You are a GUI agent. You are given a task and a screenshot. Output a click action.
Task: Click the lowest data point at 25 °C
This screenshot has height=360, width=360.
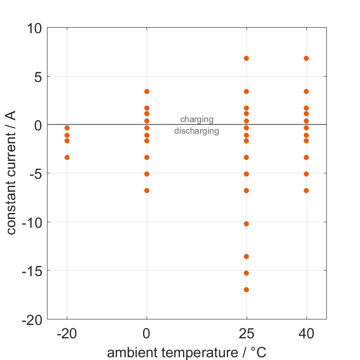coord(246,289)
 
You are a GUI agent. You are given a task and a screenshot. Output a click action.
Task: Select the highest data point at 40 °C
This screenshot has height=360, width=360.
coord(306,58)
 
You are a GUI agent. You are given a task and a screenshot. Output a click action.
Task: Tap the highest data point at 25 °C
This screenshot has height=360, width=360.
coord(246,58)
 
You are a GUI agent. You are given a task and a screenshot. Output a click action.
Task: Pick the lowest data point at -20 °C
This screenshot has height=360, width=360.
coord(67,157)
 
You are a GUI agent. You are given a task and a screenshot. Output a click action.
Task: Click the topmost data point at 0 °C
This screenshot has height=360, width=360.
coord(147,91)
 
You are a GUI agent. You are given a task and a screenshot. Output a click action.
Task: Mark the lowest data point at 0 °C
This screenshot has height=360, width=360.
coord(147,190)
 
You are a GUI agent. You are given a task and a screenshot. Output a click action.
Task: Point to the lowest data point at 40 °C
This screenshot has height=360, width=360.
coord(306,190)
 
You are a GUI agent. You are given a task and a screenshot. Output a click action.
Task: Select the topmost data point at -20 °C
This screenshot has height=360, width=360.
coord(67,128)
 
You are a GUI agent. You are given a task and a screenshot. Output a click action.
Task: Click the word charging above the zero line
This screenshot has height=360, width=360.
coord(197,119)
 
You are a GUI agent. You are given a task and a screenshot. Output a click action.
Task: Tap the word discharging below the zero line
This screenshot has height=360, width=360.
coord(196,131)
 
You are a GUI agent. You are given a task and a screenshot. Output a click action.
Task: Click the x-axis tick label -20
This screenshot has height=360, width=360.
coord(67,334)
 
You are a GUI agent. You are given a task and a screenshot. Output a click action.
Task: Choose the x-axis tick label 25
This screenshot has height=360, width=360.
coord(246,334)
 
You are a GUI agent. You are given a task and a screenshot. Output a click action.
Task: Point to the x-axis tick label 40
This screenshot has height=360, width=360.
coord(306,334)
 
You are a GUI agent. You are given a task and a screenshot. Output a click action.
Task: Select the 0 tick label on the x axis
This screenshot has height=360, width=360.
coord(147,334)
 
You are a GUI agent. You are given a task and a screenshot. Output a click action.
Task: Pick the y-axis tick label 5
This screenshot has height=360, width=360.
coord(37,77)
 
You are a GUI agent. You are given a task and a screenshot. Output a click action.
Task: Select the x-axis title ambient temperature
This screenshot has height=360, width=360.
coord(186,353)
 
